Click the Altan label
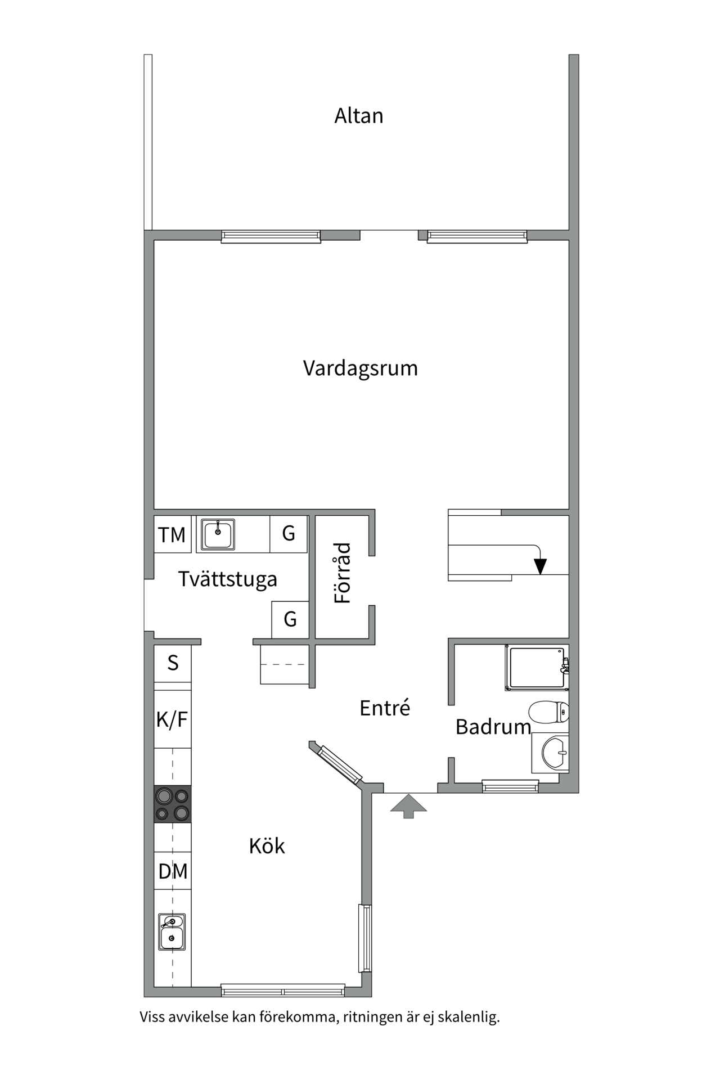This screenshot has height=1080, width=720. click(359, 116)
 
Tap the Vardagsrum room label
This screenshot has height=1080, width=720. click(360, 368)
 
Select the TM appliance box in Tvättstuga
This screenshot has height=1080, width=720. click(172, 534)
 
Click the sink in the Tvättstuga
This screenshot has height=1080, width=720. click(218, 534)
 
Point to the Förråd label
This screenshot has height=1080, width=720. click(343, 573)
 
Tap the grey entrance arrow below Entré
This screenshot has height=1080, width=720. click(409, 805)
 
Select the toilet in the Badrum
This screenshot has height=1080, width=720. click(549, 712)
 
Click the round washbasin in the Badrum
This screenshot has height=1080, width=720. click(553, 753)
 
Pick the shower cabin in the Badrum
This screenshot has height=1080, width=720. click(536, 668)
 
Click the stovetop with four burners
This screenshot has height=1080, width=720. click(173, 804)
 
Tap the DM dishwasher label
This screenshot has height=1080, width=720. click(173, 872)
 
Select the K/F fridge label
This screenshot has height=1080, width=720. click(172, 719)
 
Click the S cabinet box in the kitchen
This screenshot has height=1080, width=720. click(173, 664)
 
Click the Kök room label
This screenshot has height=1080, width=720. click(267, 846)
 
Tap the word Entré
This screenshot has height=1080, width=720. click(385, 708)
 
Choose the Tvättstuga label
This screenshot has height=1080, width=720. click(228, 579)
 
